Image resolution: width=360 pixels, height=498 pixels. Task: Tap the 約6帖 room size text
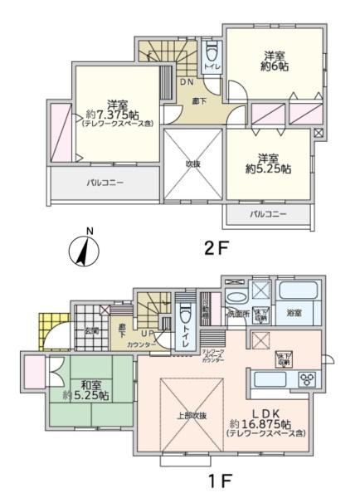270,67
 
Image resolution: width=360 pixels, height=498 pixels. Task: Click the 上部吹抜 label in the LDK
192,414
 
